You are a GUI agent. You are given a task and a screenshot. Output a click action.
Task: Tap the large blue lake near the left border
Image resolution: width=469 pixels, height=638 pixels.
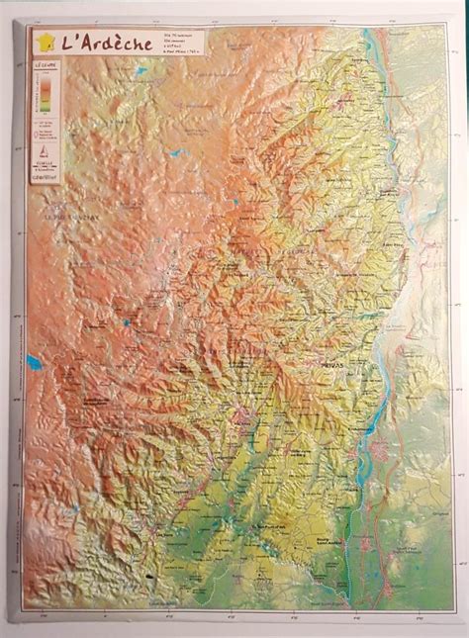pos(33,362)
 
